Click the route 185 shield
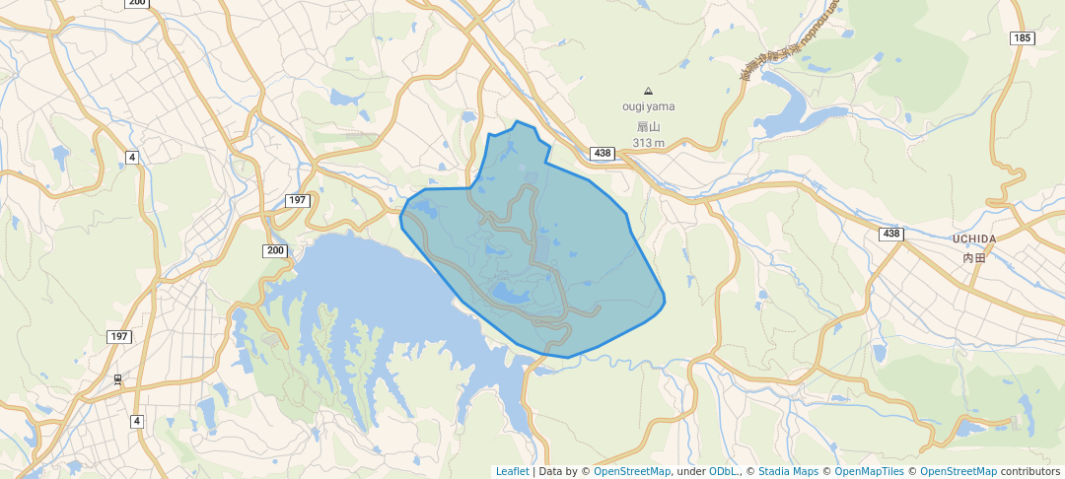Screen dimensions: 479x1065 (x=1023, y=38)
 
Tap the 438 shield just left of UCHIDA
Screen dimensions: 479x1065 (x=891, y=233)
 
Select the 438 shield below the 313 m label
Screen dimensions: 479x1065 (x=603, y=153)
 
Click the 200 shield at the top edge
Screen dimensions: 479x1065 (x=137, y=3)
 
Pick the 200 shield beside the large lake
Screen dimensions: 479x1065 (x=275, y=250)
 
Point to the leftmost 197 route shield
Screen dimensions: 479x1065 (x=119, y=336)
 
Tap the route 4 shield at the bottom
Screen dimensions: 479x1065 (x=136, y=421)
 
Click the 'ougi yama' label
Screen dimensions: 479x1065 (x=648, y=106)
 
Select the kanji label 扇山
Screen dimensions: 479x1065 (x=648, y=126)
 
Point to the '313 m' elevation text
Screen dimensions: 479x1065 (x=648, y=143)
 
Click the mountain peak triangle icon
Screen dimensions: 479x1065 (x=648, y=90)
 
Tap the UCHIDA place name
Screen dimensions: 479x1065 (x=974, y=239)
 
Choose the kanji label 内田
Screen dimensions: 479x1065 (x=974, y=257)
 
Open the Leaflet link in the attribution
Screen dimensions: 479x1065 (x=512, y=471)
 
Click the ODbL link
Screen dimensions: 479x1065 (x=725, y=471)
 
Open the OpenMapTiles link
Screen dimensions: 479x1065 (x=869, y=471)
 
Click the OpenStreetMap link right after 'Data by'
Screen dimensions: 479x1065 (x=632, y=471)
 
